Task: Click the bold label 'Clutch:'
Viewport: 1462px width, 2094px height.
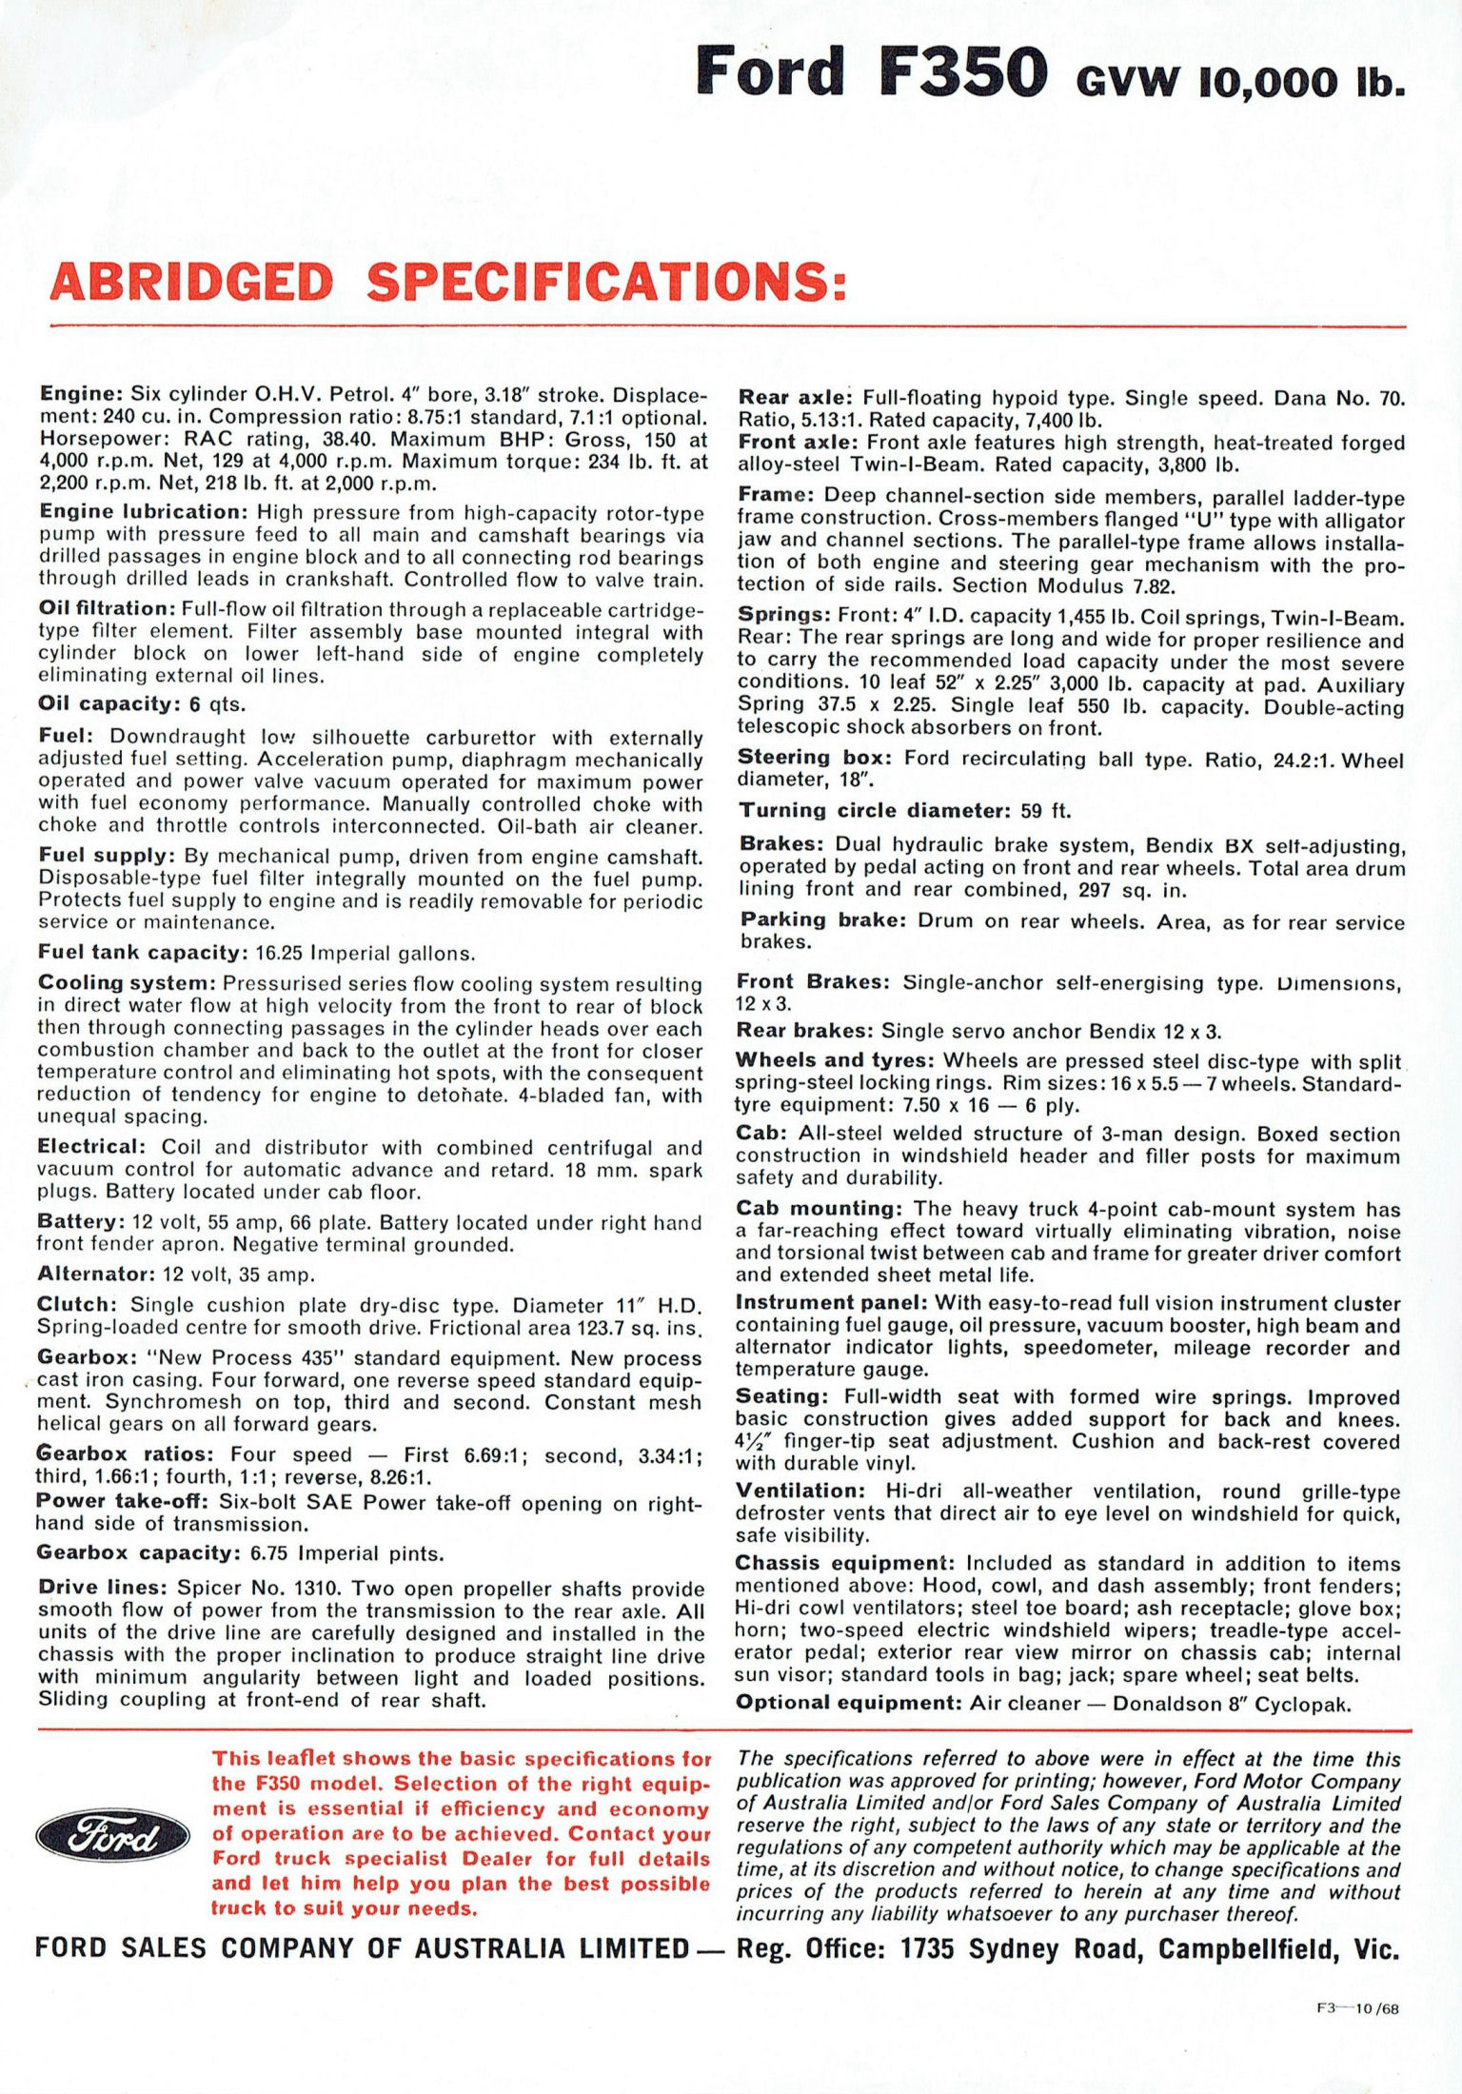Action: click(x=77, y=1305)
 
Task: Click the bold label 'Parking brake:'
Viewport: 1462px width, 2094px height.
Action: click(x=823, y=920)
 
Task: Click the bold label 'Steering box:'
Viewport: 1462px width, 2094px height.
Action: click(x=815, y=759)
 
